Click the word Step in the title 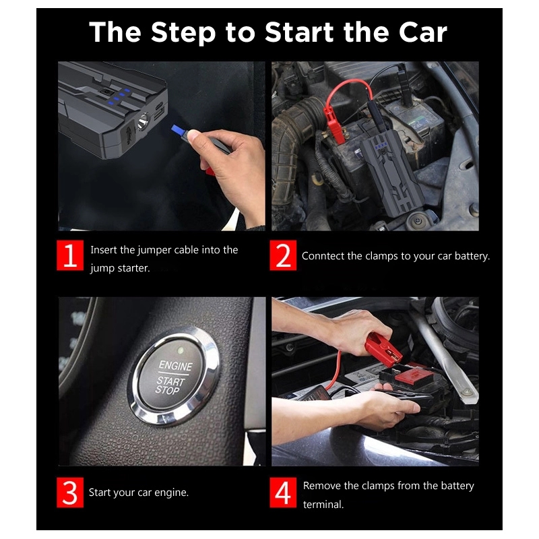coord(184,32)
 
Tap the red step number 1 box coord(70,257)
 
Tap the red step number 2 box coord(283,257)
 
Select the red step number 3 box coord(70,493)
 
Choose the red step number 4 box coord(283,493)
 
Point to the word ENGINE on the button coord(175,367)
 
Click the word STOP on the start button coord(167,390)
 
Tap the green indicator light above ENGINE coord(181,350)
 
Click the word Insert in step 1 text coord(104,250)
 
